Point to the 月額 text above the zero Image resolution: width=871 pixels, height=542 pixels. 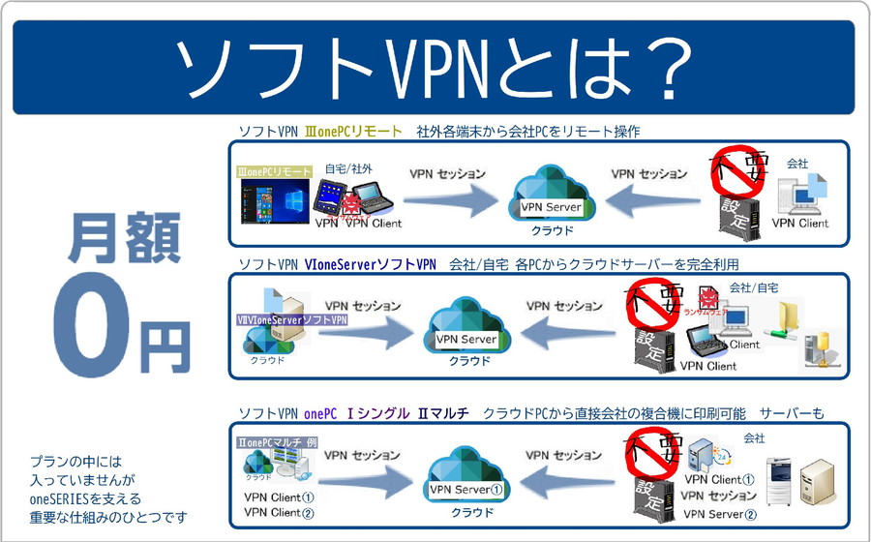123,240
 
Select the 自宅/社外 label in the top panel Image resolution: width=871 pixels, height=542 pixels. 348,168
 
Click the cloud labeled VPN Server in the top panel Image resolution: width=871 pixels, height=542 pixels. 551,198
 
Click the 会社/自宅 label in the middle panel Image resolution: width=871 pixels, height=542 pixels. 753,287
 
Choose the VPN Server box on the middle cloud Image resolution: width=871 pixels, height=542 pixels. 466,340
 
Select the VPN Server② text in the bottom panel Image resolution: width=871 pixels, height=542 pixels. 720,513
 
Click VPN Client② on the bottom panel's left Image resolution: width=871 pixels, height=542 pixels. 278,512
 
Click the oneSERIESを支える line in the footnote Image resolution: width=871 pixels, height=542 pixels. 85,498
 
